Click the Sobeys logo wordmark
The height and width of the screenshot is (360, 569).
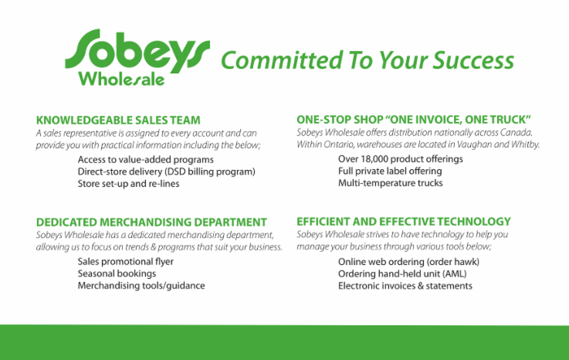coord(137,51)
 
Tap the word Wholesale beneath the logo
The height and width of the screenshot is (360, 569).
coord(121,79)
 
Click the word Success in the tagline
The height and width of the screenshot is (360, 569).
coord(473,60)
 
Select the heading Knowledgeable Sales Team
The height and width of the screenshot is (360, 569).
coord(118,121)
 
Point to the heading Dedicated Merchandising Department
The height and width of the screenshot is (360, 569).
coord(151,222)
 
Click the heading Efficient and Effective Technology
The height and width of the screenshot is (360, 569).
coord(404,222)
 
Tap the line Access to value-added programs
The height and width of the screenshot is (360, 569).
coord(145,160)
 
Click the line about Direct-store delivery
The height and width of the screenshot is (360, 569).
coord(167,172)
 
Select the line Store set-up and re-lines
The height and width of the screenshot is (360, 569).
coord(128,183)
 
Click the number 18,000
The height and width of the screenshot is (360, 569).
coord(374,159)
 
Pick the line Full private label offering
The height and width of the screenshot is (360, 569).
coord(390,171)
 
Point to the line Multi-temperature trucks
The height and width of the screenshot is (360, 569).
coord(391,183)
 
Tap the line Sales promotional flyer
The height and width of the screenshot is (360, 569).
coord(126,262)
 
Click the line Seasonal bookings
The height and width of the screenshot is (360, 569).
coord(117,273)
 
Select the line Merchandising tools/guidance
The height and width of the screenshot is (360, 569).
coord(141,286)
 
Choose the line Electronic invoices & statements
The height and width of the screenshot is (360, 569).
coord(405,286)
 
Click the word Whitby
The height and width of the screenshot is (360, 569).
coord(526,144)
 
